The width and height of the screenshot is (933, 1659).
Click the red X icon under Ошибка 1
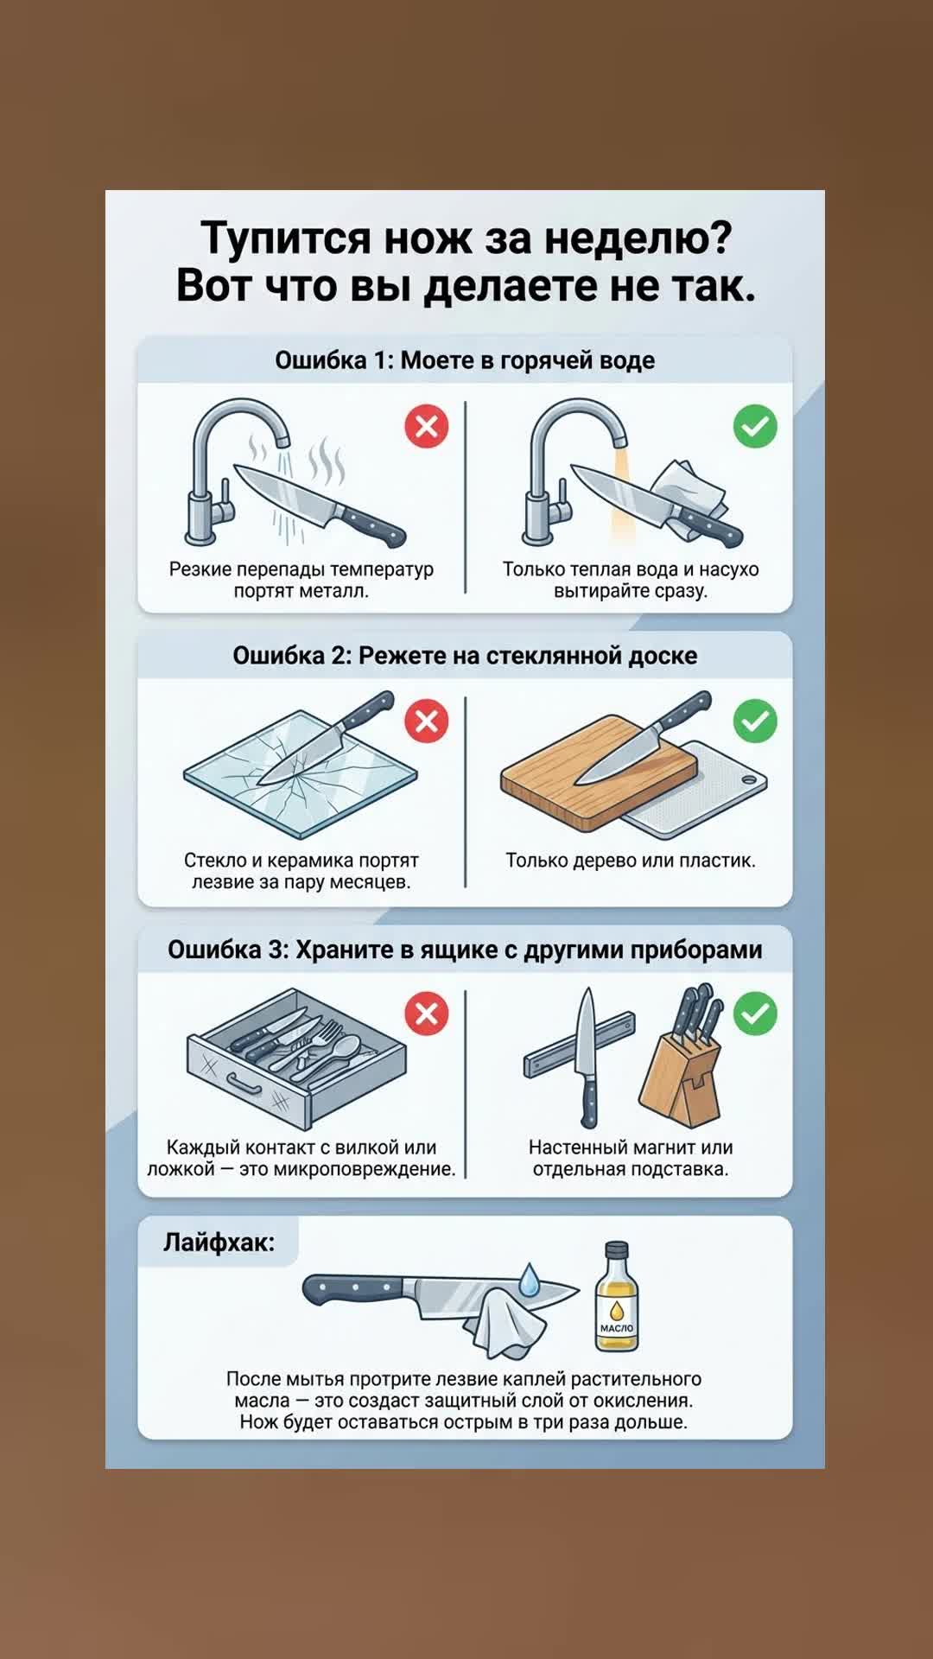pyautogui.click(x=427, y=426)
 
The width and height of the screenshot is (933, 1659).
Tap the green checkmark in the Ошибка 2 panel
pyautogui.click(x=755, y=721)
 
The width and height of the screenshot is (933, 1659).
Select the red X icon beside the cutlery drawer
pyautogui.click(x=427, y=1014)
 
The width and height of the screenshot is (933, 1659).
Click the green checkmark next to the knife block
pyautogui.click(x=755, y=1014)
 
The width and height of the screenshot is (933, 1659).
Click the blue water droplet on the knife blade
pyautogui.click(x=529, y=1280)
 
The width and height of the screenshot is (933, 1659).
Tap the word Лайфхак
pyautogui.click(x=219, y=1243)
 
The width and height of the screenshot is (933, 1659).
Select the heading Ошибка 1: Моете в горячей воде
pyautogui.click(x=465, y=360)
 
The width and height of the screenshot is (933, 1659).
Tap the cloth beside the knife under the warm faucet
pyautogui.click(x=690, y=497)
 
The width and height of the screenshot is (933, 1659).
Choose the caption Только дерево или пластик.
pyautogui.click(x=631, y=861)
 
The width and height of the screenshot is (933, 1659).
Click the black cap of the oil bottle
pyautogui.click(x=617, y=1249)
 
